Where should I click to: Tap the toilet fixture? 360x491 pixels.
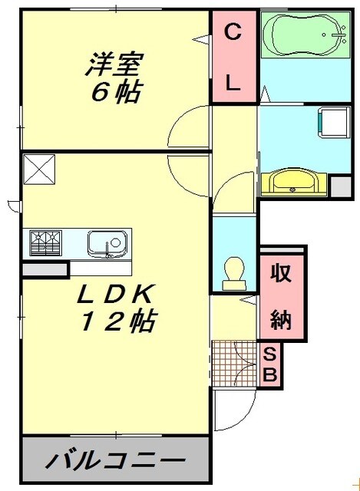tap(232, 272)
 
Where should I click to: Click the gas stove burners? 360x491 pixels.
tap(45, 243)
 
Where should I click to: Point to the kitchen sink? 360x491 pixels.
tap(107, 244)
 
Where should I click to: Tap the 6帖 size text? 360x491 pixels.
tap(115, 92)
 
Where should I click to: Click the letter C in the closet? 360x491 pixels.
tap(233, 32)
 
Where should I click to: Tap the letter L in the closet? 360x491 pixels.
tap(233, 83)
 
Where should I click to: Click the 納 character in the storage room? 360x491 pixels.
tap(281, 318)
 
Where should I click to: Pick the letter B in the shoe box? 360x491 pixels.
tap(270, 376)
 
